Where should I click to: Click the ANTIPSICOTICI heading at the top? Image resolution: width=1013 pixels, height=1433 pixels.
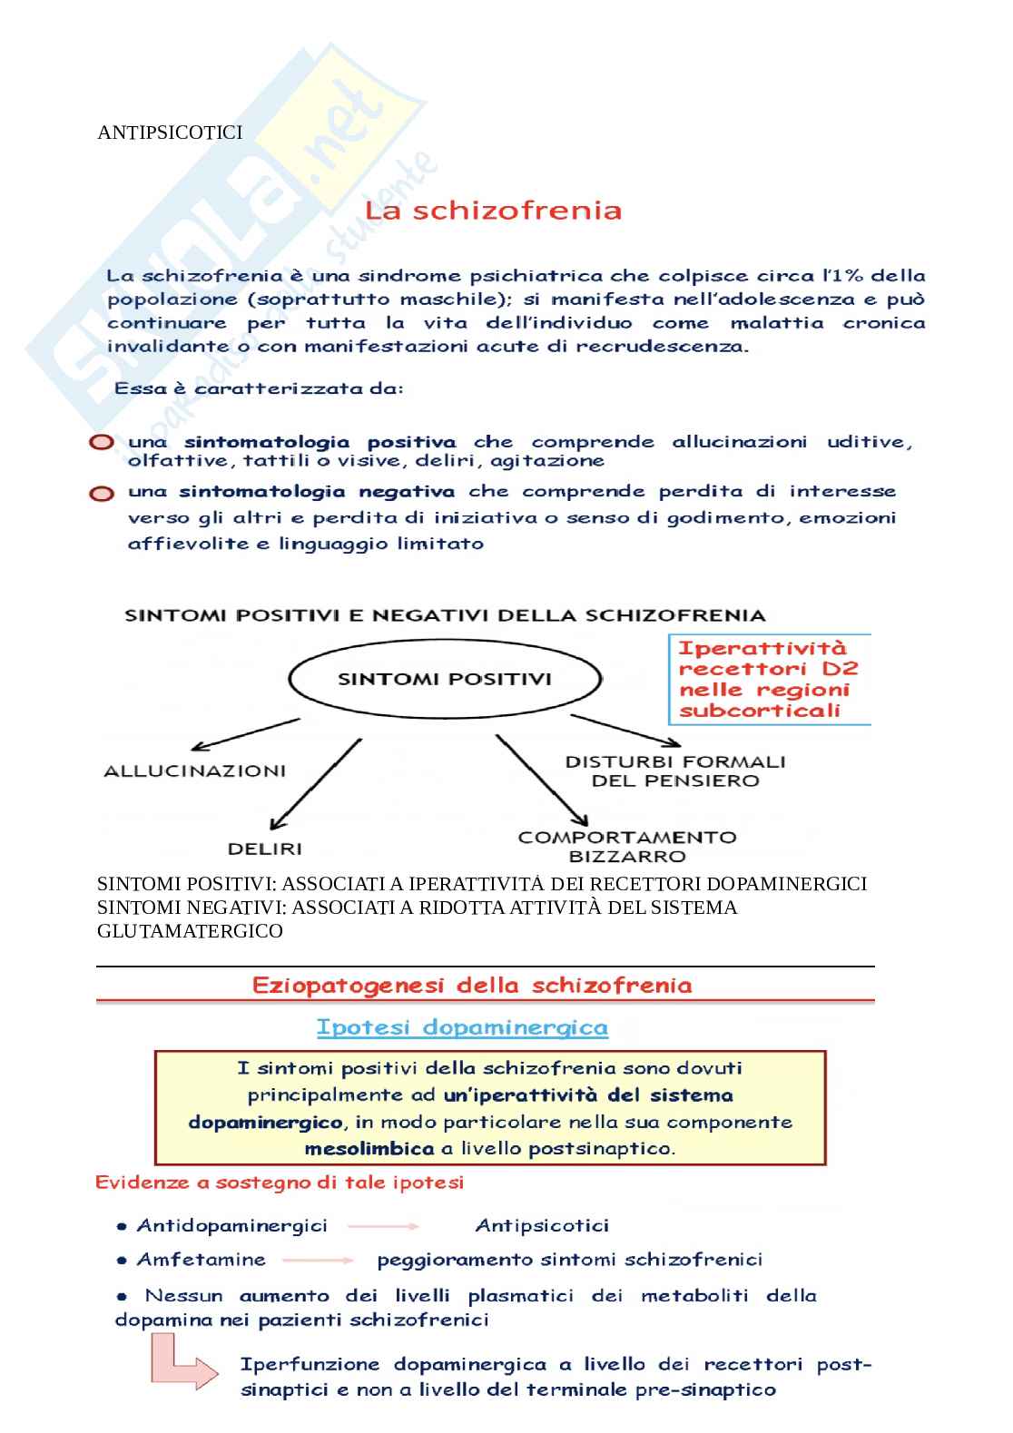[x=170, y=133]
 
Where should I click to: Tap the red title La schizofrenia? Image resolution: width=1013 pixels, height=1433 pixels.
[x=493, y=211]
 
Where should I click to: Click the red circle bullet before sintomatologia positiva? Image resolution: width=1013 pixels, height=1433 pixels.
[x=102, y=443]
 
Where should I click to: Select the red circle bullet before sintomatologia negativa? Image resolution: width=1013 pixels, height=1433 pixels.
[x=102, y=494]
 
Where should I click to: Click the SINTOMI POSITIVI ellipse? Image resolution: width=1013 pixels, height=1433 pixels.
[x=445, y=679]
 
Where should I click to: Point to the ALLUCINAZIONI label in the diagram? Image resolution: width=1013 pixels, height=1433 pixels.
[x=195, y=771]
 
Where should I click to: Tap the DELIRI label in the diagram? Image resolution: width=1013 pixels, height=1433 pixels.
[x=264, y=849]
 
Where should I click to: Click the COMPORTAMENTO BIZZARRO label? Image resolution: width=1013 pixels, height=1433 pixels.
[x=627, y=846]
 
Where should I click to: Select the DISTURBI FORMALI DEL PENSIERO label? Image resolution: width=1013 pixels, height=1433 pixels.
[x=675, y=770]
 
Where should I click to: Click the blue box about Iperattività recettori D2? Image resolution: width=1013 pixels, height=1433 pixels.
[x=769, y=679]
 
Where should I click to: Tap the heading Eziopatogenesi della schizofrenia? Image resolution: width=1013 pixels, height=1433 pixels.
[x=472, y=986]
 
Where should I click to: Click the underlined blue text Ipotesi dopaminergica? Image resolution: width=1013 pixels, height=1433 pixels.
[x=462, y=1027]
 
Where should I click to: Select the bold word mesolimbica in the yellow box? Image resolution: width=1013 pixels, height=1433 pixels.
[x=369, y=1149]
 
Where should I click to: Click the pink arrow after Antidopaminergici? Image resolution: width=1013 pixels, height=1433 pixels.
[x=383, y=1226]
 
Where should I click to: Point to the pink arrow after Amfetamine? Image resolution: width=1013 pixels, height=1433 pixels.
[x=319, y=1260]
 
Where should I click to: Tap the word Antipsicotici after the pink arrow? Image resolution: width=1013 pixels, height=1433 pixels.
[x=542, y=1226]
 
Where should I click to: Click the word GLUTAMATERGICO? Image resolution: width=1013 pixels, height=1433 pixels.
[x=190, y=931]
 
